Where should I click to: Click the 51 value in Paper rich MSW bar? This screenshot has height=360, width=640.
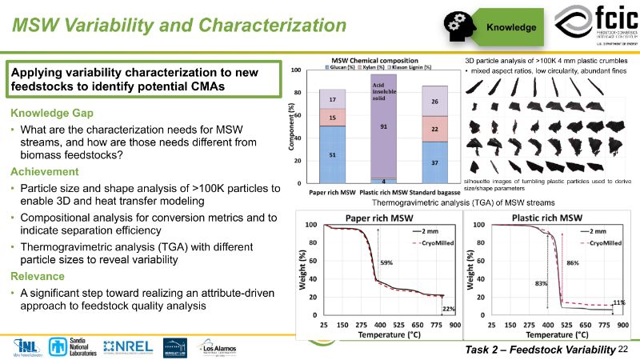[321, 157]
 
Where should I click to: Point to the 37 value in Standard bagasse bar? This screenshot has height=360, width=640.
[434, 163]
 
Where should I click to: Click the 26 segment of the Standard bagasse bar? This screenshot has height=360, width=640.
[434, 102]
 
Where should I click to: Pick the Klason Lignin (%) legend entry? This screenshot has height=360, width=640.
[411, 66]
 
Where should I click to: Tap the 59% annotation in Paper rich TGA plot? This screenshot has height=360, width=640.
[386, 262]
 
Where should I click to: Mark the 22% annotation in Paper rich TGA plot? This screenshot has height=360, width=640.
[450, 310]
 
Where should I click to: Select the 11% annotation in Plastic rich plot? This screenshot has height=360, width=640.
[618, 302]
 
